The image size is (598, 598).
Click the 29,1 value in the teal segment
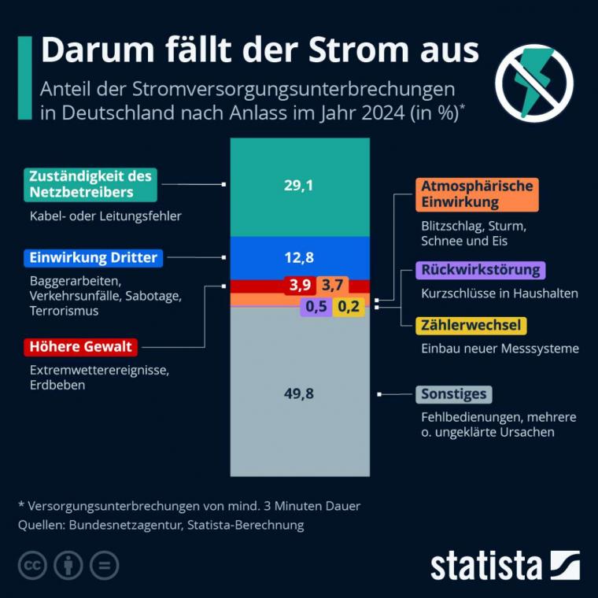point(298,186)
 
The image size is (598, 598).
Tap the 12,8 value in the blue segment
point(298,257)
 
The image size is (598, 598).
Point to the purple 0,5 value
point(316,307)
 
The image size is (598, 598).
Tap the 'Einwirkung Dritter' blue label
point(93,257)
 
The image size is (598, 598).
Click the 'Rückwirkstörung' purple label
point(480,271)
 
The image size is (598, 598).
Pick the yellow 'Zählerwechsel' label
point(471,325)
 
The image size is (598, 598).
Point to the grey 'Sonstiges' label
point(452,394)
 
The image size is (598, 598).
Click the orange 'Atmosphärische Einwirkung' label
point(476,194)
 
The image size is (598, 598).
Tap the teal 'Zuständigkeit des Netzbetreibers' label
point(90,184)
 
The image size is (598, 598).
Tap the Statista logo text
point(485,565)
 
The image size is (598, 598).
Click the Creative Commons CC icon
point(33,566)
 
